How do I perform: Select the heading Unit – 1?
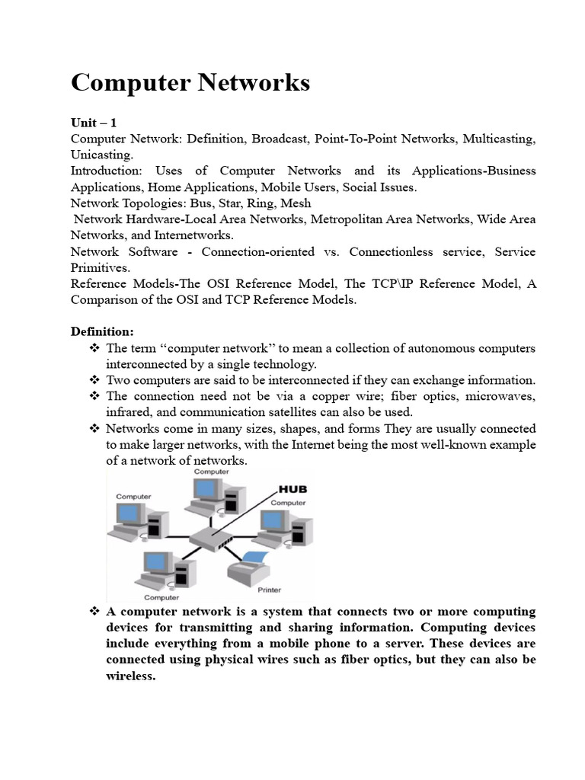(x=94, y=123)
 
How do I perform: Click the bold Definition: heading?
(x=102, y=331)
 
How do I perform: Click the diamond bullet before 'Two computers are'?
(x=94, y=380)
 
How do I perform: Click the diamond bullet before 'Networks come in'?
(x=94, y=428)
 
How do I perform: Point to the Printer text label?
(x=269, y=590)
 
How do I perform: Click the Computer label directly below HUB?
(x=289, y=503)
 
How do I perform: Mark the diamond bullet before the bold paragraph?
(x=94, y=612)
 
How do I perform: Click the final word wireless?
(x=130, y=676)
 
